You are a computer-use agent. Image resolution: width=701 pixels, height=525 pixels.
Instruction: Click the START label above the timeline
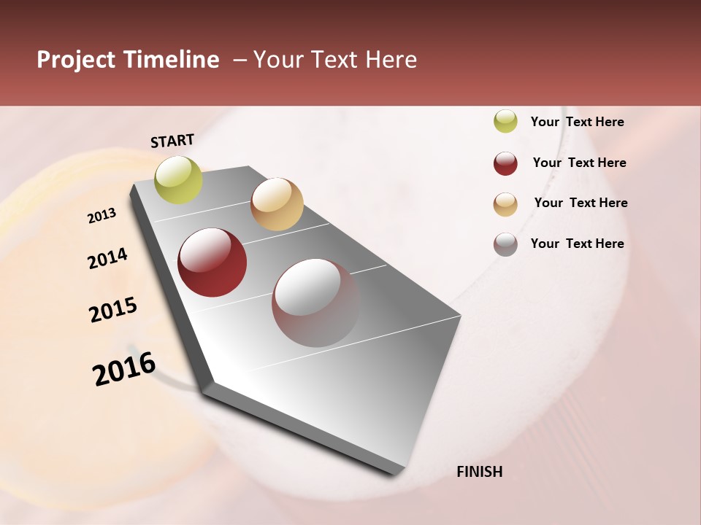point(172,141)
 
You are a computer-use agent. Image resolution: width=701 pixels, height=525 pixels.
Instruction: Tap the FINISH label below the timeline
point(479,472)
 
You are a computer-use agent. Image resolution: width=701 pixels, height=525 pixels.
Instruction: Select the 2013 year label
point(102,216)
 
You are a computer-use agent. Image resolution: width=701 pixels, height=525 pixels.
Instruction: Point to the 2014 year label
point(108,258)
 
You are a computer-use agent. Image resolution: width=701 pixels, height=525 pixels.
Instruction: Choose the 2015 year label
point(113,310)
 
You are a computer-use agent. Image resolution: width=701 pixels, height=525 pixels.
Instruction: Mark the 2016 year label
point(124,369)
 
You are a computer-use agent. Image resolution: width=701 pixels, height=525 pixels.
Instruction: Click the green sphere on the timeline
point(179,179)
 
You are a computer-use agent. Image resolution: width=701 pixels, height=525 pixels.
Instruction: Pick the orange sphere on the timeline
point(277,204)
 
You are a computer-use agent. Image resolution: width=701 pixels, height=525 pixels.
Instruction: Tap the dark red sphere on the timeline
point(212,262)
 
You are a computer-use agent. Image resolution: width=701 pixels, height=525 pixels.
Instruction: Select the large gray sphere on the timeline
point(316,303)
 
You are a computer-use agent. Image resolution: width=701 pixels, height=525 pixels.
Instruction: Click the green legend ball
point(505,121)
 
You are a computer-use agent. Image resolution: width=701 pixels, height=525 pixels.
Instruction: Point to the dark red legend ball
point(505,163)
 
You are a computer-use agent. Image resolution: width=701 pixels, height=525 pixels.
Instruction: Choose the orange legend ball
point(505,204)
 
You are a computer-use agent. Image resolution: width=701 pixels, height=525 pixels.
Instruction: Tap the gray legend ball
point(505,244)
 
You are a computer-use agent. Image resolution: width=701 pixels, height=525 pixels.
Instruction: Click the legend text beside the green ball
point(577,122)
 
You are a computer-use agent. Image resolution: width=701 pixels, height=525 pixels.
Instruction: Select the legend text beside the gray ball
point(577,244)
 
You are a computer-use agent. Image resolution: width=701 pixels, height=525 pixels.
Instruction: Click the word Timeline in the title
point(170,60)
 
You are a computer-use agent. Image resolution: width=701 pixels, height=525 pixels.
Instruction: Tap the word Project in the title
point(76,61)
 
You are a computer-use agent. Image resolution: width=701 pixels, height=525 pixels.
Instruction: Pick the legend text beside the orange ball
point(581,203)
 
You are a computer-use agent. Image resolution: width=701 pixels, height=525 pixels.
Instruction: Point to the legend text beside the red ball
point(579,163)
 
